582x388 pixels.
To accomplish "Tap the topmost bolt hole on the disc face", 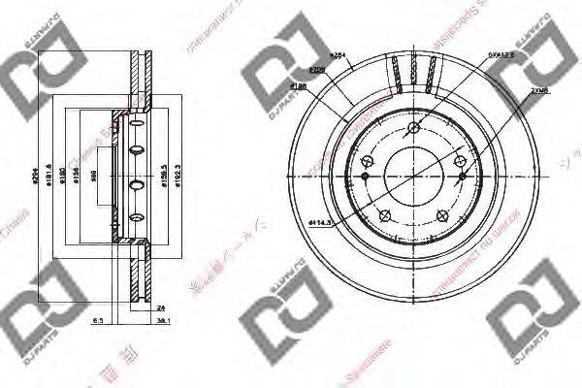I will pyautogui.click(x=414, y=127).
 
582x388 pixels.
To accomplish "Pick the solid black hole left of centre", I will pyautogui.click(x=365, y=176).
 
